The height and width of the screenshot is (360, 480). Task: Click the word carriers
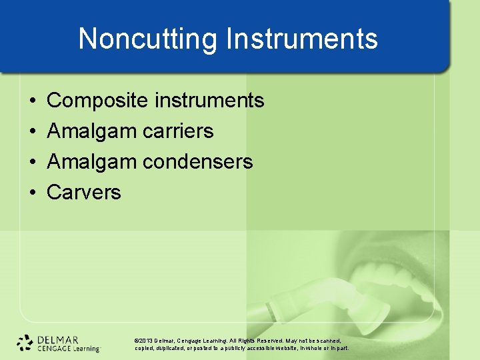coord(178,131)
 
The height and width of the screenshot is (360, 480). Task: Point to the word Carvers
coord(84,193)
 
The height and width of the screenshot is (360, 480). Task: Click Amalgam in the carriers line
coord(92,131)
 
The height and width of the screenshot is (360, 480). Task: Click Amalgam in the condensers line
coord(92,162)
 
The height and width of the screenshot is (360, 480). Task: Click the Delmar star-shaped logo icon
coord(25,342)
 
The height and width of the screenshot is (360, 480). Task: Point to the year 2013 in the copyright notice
coord(146,339)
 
